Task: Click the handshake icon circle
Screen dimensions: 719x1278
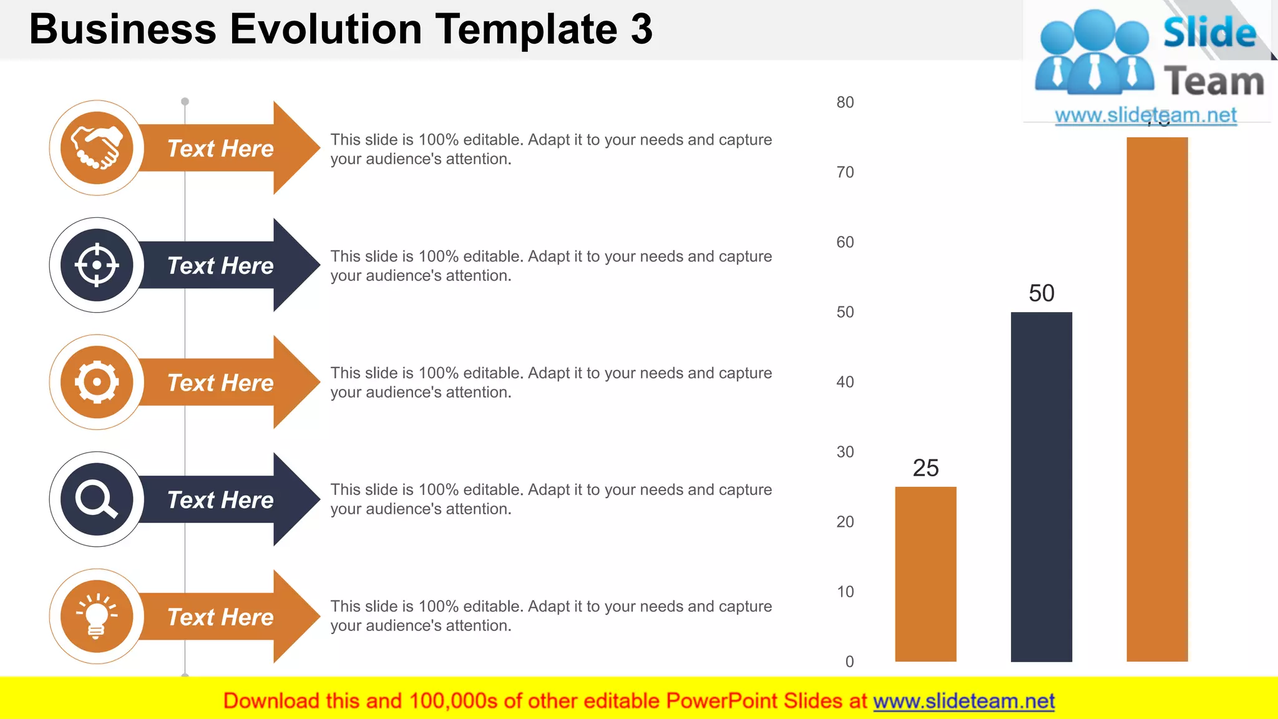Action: [97, 148]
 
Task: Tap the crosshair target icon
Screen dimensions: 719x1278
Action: [97, 265]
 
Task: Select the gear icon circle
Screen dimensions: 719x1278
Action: [97, 382]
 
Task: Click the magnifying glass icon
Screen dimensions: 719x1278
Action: [97, 499]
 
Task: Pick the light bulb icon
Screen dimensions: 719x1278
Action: [97, 616]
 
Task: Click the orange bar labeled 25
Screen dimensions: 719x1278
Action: [925, 574]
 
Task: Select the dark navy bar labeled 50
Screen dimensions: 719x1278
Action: [1041, 487]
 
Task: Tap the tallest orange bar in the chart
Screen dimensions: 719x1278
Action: [1157, 399]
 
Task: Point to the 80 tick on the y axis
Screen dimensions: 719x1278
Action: [845, 102]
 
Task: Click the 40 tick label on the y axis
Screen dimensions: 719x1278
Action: [845, 382]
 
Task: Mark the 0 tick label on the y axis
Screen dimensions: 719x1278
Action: [849, 662]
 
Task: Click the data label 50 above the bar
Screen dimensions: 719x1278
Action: [1041, 293]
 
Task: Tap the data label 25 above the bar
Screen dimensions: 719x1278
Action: [925, 468]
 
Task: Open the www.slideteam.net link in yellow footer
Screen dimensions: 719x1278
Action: [963, 701]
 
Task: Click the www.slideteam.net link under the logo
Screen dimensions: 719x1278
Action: [1145, 115]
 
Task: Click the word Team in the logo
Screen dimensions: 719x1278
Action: [1214, 82]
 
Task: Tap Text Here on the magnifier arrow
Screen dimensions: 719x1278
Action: [220, 500]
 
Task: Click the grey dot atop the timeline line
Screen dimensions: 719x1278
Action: [185, 101]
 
